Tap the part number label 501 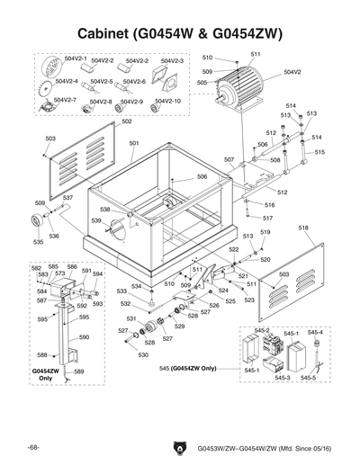[x=133, y=144]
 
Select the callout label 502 [x=102, y=121]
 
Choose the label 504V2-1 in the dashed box [x=76, y=58]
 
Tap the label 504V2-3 [x=172, y=61]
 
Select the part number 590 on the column [x=85, y=336]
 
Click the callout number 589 [x=79, y=371]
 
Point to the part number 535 [x=39, y=242]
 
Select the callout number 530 [x=142, y=355]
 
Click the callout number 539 [x=95, y=220]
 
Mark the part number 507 [x=229, y=160]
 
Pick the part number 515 [x=319, y=153]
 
